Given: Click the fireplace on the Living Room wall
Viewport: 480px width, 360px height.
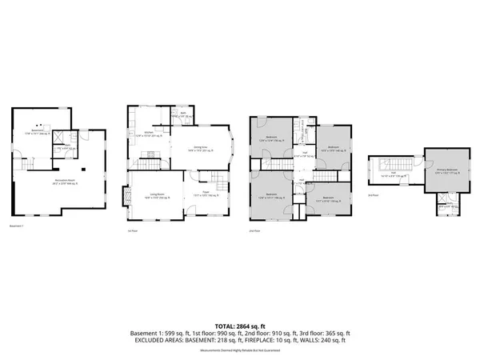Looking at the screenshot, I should [122, 195].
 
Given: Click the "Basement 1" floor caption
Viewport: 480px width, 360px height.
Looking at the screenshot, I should [18, 226].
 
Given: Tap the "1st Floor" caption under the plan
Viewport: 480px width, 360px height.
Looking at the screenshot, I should [133, 230].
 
